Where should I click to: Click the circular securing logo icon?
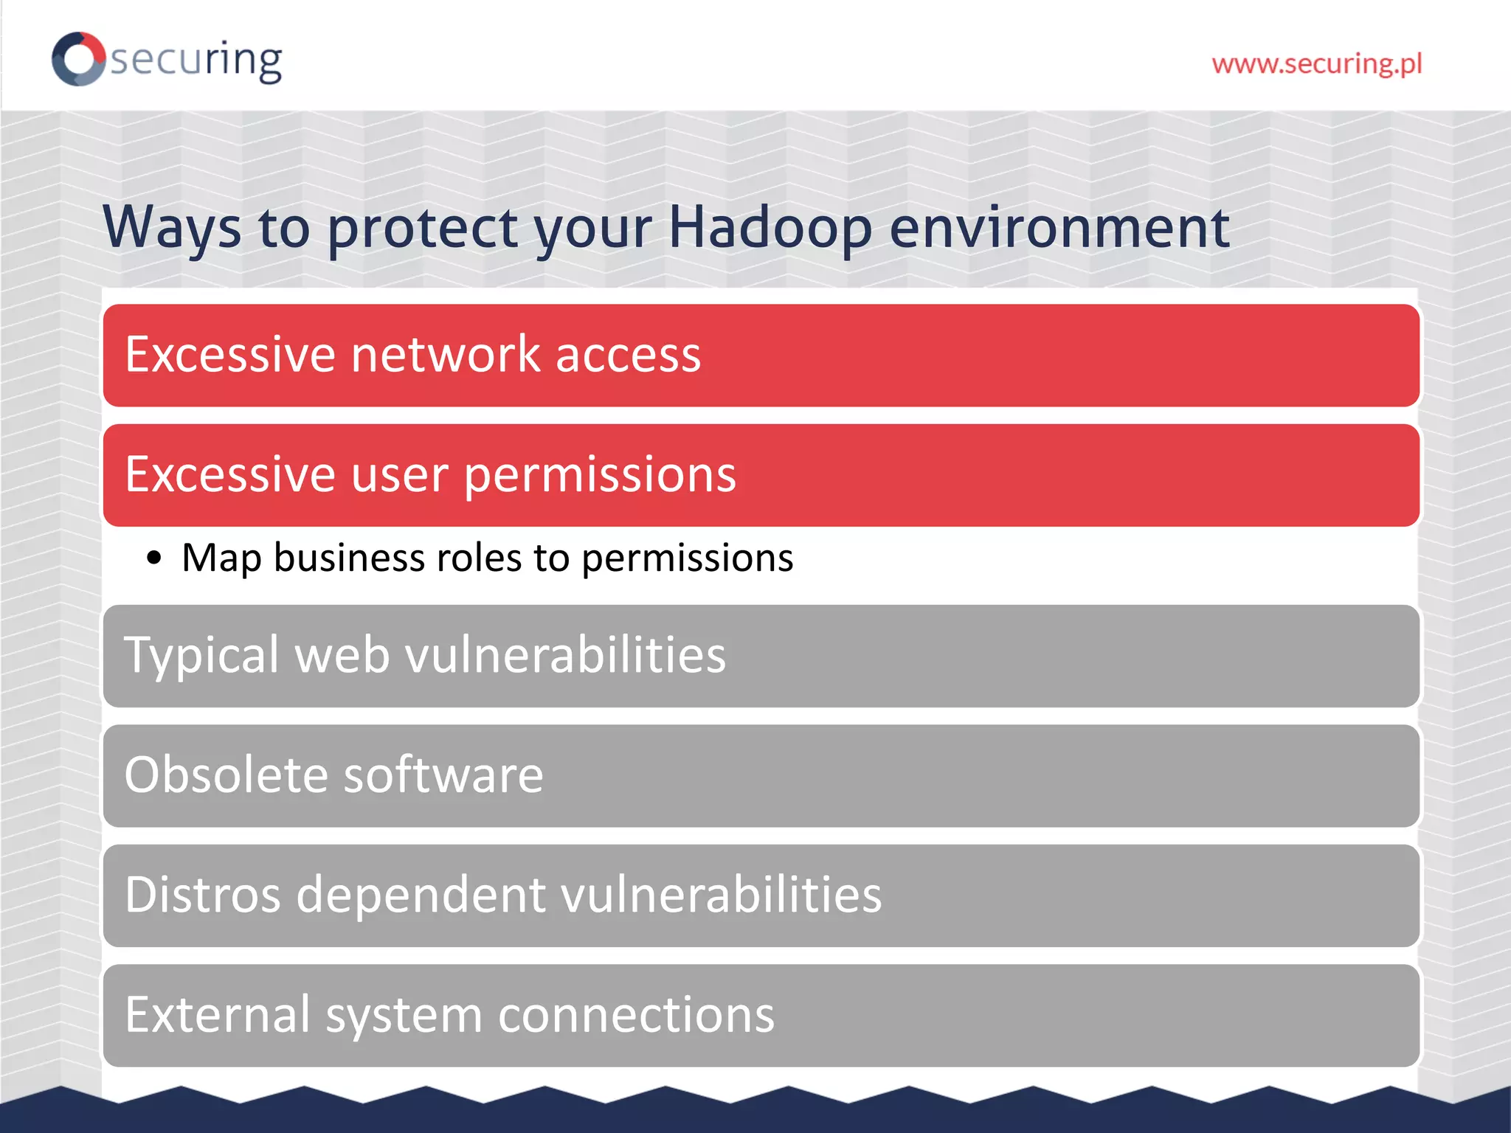78,59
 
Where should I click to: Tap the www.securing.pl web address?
1316,64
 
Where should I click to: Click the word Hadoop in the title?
770,227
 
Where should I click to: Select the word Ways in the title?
172,227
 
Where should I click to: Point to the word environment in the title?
1059,227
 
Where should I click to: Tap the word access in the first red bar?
628,355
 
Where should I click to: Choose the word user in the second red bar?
399,474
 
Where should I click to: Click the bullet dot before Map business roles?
153,558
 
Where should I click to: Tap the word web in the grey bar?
342,655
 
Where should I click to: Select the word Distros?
203,895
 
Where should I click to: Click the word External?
218,1015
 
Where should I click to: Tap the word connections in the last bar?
636,1015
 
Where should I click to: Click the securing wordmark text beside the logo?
196,60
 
